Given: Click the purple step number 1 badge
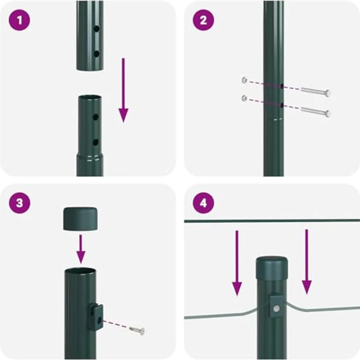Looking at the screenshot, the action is click(19, 20).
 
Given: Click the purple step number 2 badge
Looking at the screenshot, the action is click(203, 20).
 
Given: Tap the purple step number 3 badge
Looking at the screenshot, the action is click(19, 203).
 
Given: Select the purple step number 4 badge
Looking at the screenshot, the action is click(203, 203).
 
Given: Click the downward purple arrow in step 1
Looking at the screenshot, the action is click(123, 90).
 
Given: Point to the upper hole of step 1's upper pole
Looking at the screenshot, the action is click(97, 29).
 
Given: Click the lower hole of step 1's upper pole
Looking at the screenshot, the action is click(97, 54).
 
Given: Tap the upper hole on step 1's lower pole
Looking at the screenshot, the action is click(95, 117).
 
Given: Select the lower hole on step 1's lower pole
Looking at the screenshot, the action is click(95, 142).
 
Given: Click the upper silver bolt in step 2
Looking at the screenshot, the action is click(315, 91).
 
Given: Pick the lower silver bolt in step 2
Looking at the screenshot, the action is click(315, 112).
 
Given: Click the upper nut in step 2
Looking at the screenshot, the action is click(245, 80).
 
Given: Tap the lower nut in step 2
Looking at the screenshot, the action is click(245, 98).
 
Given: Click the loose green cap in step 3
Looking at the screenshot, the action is click(80, 219).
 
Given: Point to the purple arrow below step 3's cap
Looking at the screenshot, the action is click(81, 249).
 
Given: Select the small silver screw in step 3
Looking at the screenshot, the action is click(137, 330).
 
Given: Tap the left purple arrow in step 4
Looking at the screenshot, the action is click(237, 263).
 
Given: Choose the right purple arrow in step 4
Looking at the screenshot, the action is click(307, 262).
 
